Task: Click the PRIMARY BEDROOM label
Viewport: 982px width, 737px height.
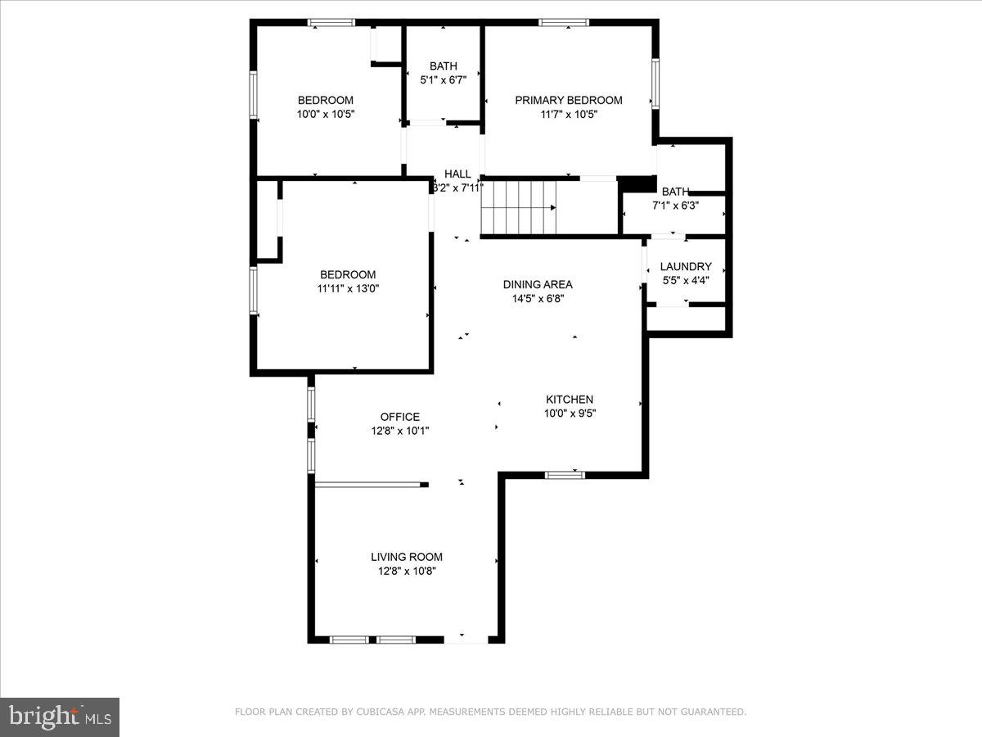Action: click(x=568, y=100)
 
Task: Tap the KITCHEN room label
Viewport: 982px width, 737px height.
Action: click(x=570, y=400)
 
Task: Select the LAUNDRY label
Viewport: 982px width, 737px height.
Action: click(x=686, y=266)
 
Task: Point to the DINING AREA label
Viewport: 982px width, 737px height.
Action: click(x=538, y=284)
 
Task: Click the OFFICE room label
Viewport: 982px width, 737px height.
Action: click(x=399, y=417)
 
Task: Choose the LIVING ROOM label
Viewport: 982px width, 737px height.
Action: click(x=407, y=557)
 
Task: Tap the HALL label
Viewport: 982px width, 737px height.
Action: click(x=457, y=174)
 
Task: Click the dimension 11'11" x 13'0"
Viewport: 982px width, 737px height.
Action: click(x=349, y=288)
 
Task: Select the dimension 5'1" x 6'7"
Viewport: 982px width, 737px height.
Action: click(x=444, y=80)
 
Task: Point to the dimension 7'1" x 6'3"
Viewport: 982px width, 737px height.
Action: click(x=675, y=206)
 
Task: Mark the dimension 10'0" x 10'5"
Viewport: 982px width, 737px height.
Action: click(x=326, y=115)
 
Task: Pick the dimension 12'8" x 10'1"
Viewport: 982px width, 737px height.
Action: click(x=399, y=431)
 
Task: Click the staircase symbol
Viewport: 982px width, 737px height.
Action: click(x=518, y=208)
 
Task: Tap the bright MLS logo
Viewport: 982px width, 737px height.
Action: click(x=60, y=717)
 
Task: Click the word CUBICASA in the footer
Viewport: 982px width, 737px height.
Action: click(x=379, y=712)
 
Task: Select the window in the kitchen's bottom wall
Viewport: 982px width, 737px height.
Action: click(x=565, y=474)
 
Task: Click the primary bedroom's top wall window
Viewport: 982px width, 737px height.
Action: click(x=563, y=22)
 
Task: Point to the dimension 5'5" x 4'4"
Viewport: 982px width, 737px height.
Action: click(x=686, y=280)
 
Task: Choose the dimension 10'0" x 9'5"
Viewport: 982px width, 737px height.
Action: click(x=570, y=414)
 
